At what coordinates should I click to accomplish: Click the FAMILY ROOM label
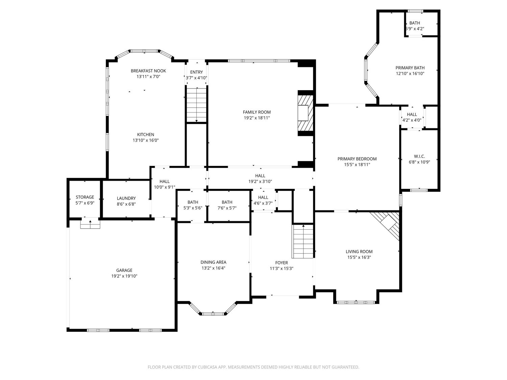[257, 112]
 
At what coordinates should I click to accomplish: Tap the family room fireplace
[305, 113]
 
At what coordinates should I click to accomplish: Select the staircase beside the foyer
[303, 241]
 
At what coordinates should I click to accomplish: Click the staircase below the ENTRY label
[196, 105]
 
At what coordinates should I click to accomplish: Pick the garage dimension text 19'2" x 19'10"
[124, 276]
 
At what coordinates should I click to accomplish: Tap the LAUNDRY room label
[126, 198]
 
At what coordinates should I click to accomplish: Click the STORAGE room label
[85, 197]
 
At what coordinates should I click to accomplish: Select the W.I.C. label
[419, 156]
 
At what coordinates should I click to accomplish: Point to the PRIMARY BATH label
[410, 68]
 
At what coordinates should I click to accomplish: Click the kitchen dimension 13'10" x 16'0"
[146, 140]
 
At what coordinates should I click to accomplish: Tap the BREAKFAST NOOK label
[148, 71]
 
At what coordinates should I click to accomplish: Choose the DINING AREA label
[213, 262]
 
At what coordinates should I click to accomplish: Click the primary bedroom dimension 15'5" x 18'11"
[357, 164]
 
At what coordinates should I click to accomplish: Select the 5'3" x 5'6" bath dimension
[193, 208]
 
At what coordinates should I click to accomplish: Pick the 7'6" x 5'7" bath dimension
[227, 208]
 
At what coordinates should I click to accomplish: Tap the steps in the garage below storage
[90, 224]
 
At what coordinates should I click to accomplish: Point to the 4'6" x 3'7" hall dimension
[263, 203]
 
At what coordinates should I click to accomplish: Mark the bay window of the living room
[356, 302]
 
